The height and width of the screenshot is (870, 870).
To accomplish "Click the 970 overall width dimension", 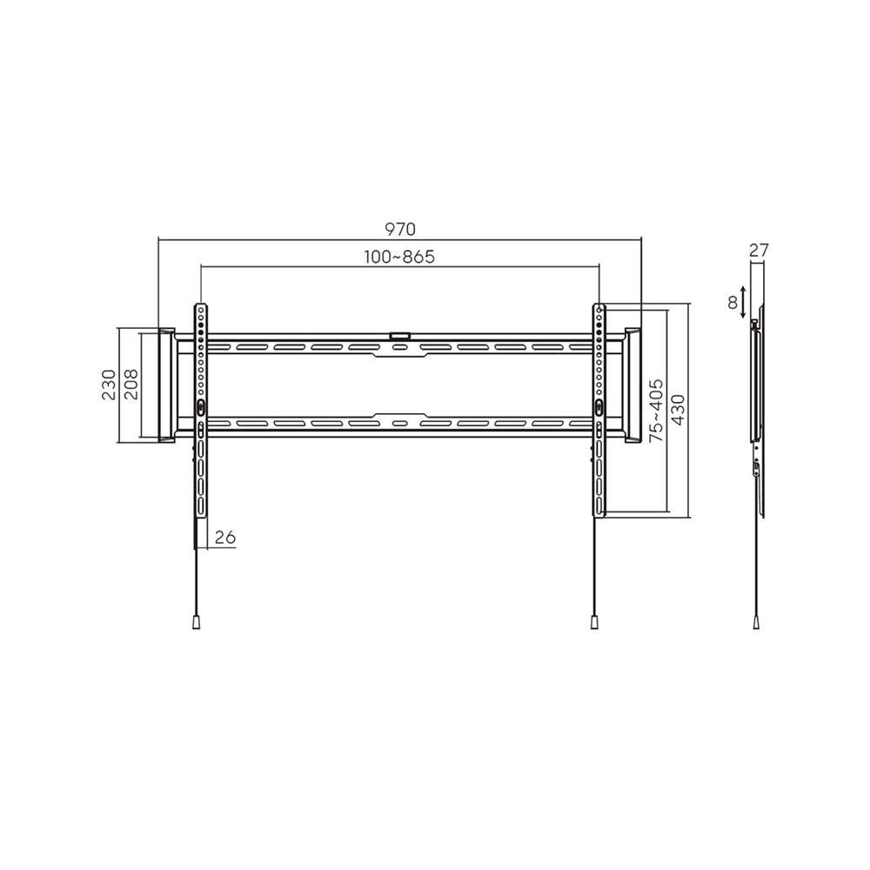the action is click(x=399, y=229).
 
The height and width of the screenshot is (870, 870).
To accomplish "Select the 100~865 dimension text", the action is click(x=399, y=257).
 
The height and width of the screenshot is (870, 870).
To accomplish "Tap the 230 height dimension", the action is click(x=110, y=385).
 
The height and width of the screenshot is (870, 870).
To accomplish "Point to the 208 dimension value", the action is click(x=131, y=385).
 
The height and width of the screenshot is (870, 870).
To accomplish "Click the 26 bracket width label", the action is click(x=225, y=537).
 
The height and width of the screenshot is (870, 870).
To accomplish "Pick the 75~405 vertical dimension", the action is click(x=656, y=411).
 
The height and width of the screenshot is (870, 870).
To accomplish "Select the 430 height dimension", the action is click(x=678, y=410).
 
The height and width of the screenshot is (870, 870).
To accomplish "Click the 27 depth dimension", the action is click(x=759, y=251).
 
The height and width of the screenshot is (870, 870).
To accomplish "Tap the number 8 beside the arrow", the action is click(x=733, y=303).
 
